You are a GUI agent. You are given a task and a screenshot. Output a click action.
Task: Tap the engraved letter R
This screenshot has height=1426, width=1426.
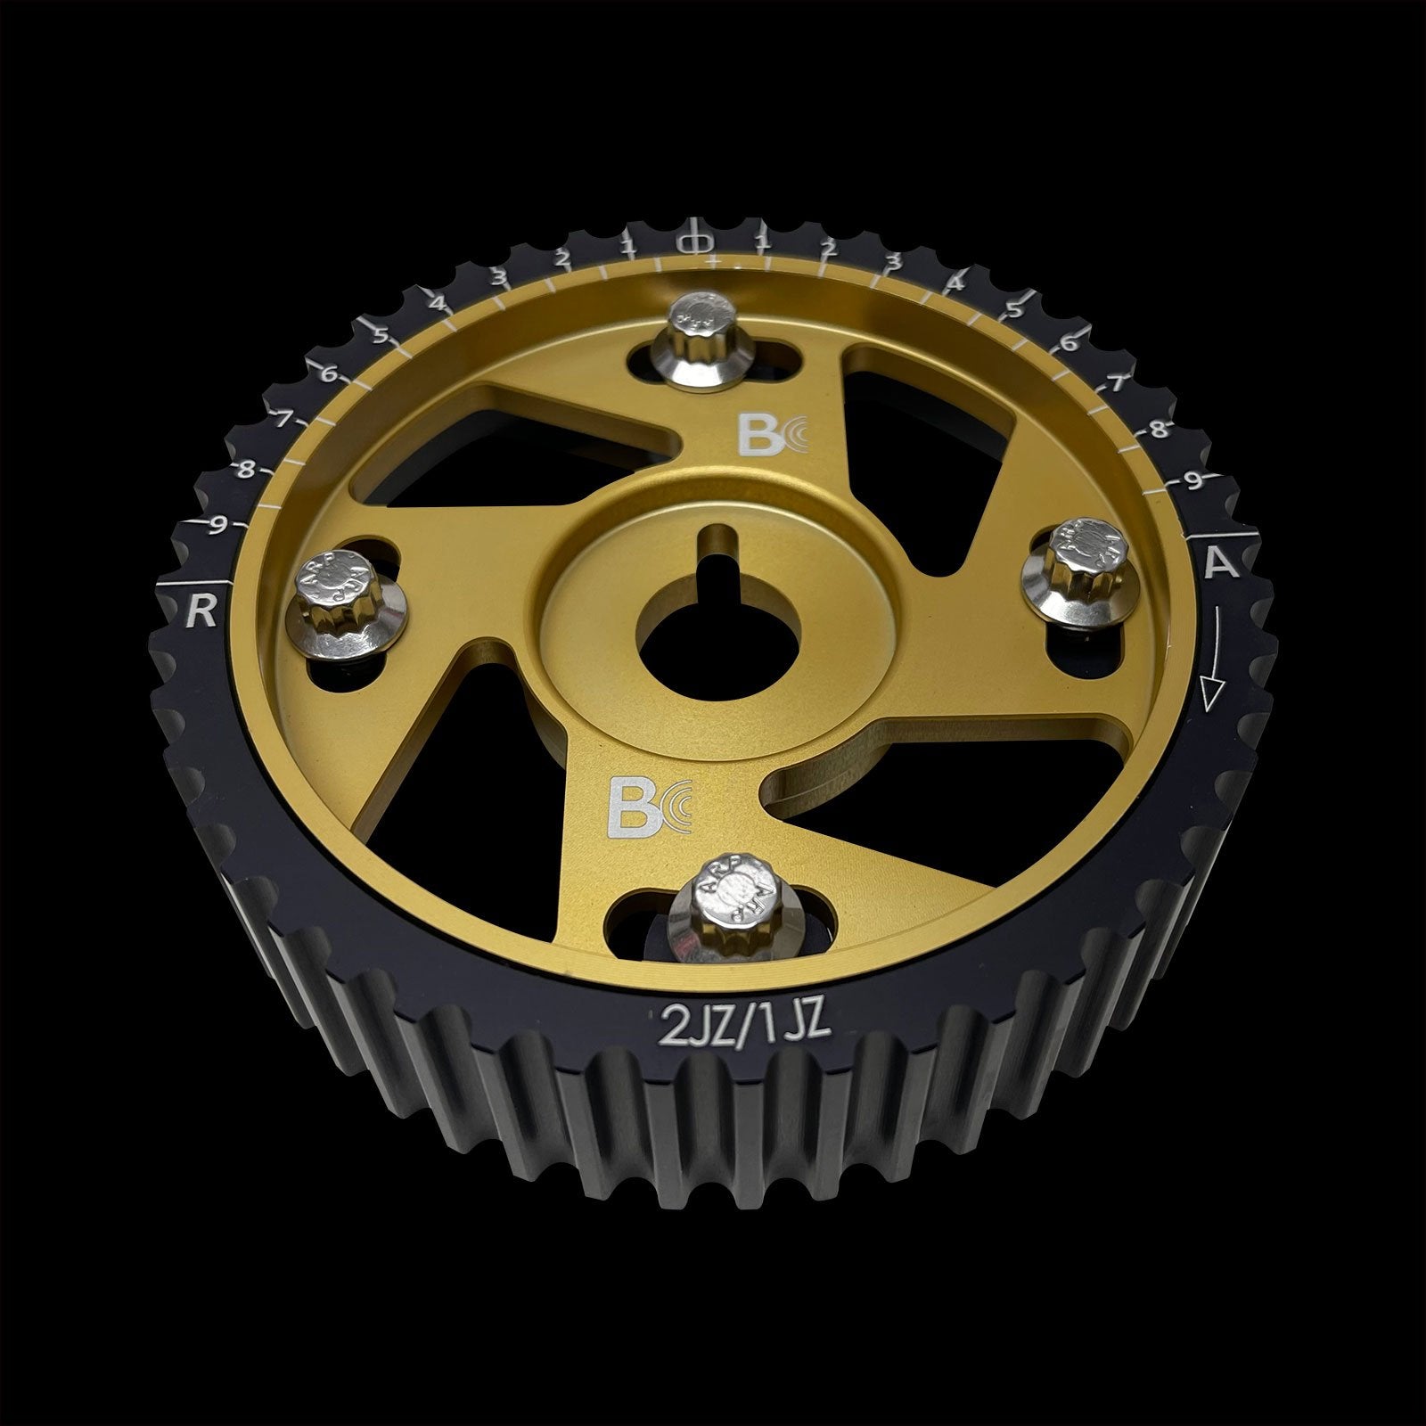[201, 612]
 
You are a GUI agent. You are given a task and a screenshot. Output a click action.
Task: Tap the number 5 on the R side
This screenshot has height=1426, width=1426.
[381, 336]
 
